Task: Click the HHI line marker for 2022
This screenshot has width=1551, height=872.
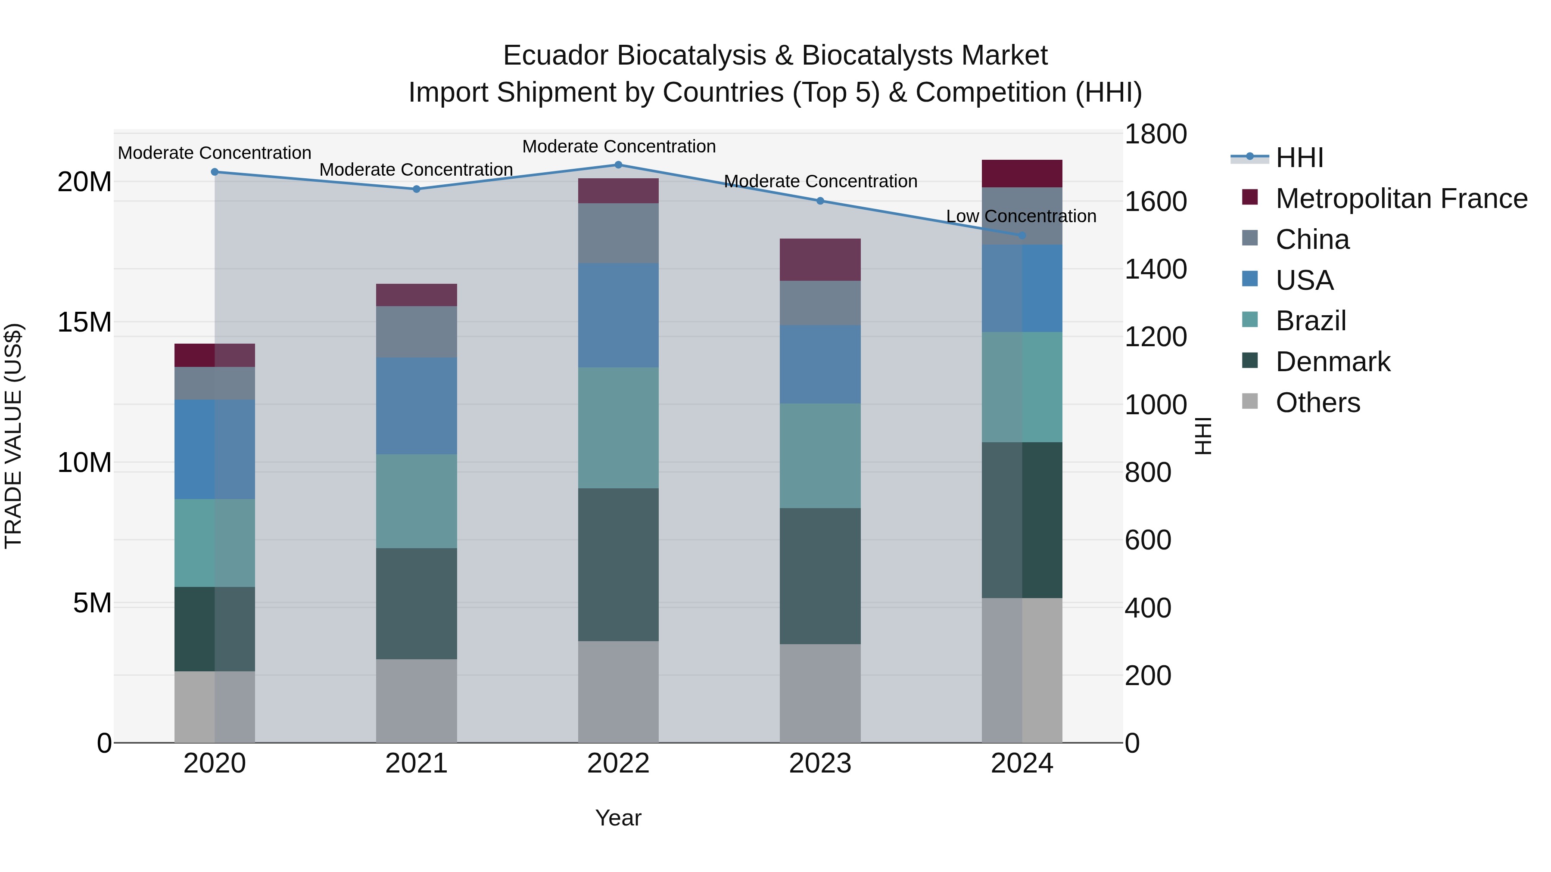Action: [618, 165]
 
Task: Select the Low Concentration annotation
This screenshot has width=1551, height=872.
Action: [1021, 216]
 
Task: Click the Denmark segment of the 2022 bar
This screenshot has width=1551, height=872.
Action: [618, 565]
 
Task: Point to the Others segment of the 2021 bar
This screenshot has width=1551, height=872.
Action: [417, 701]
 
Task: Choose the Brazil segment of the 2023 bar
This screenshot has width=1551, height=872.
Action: [820, 456]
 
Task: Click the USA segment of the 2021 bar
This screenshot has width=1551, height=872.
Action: [417, 406]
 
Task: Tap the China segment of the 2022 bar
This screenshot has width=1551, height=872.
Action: [618, 233]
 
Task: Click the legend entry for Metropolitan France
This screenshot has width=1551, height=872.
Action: [1401, 199]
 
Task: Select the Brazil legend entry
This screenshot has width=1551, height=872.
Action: [1311, 321]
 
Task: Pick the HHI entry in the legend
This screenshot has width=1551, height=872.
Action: [1299, 158]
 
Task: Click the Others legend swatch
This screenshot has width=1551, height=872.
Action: [1250, 401]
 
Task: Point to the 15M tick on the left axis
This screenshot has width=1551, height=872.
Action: [84, 323]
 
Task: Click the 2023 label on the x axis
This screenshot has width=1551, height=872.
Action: [820, 763]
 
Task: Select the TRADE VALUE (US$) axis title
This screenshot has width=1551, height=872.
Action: [13, 436]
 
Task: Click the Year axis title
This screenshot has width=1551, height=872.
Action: [618, 818]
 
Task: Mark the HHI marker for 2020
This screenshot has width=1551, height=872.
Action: [215, 172]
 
